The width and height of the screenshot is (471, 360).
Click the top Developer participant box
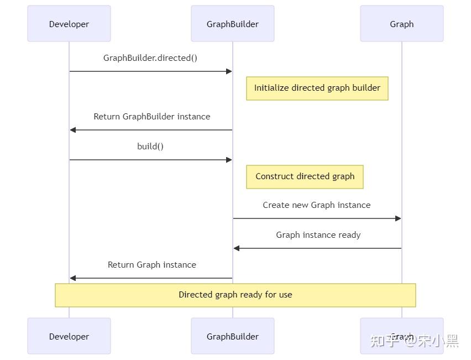(69, 24)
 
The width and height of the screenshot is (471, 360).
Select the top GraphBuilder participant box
(233, 24)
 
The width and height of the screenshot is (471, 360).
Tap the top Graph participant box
(402, 24)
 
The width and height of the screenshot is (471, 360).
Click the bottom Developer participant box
(69, 336)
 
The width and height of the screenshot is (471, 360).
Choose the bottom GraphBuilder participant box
(233, 336)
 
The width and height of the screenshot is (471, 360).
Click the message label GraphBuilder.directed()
(150, 58)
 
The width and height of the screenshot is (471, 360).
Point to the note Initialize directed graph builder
(317, 88)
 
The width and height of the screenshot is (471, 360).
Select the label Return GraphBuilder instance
(152, 117)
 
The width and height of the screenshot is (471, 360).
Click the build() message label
(150, 147)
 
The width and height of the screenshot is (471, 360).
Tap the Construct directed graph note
(305, 176)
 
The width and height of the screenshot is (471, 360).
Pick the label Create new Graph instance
(317, 205)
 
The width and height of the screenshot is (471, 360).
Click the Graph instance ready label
(318, 235)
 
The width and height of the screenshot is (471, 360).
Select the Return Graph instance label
(152, 265)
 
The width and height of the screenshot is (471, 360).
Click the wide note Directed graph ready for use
(235, 295)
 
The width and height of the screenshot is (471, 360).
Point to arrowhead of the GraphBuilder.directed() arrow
(229, 71)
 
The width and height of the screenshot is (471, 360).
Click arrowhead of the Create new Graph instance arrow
(398, 218)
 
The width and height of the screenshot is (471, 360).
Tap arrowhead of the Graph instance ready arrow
(237, 248)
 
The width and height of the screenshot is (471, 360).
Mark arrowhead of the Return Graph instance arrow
(73, 278)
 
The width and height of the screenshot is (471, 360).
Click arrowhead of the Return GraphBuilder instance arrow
(73, 130)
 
